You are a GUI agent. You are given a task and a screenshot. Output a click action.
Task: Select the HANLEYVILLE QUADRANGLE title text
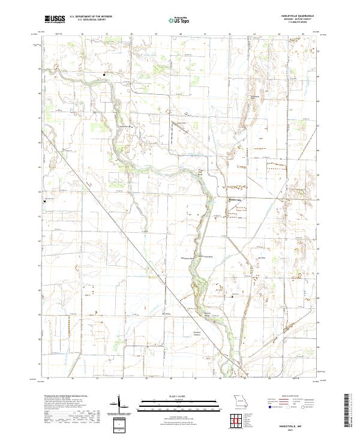[289, 17]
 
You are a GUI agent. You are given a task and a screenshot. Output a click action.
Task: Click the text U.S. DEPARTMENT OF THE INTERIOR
[90, 17]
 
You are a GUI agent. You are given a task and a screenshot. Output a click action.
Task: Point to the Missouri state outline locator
[240, 400]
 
